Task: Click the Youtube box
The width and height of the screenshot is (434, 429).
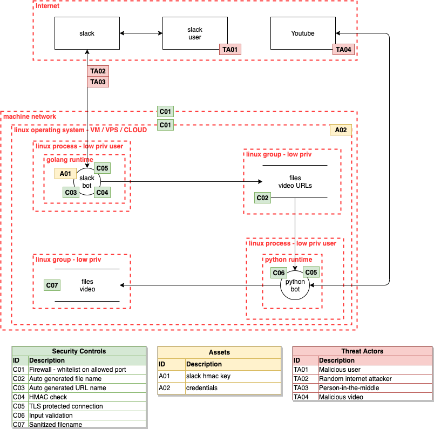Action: pyautogui.click(x=302, y=33)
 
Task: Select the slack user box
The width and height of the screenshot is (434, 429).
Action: pyautogui.click(x=194, y=33)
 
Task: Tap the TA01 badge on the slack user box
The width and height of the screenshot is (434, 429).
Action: pyautogui.click(x=230, y=50)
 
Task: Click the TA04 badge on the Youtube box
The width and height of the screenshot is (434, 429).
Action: pyautogui.click(x=343, y=50)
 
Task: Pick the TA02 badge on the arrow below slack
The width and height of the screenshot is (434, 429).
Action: pyautogui.click(x=98, y=71)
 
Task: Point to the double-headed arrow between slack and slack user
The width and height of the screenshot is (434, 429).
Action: pyautogui.click(x=141, y=33)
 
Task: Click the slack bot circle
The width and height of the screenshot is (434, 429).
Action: pyautogui.click(x=87, y=181)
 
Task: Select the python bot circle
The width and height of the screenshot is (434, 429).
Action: pyautogui.click(x=295, y=285)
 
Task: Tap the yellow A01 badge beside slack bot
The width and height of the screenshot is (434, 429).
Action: pyautogui.click(x=65, y=174)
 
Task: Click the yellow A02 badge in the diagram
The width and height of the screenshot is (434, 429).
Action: pyautogui.click(x=341, y=130)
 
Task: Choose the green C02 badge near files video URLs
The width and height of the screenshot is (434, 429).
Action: pyautogui.click(x=262, y=198)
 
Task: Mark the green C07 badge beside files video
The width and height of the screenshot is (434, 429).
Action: pyautogui.click(x=52, y=285)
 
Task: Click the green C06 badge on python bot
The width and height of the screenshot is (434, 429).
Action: pyautogui.click(x=279, y=273)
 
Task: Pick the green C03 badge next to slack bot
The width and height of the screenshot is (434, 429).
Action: pyautogui.click(x=71, y=192)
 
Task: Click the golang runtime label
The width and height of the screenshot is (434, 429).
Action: pyautogui.click(x=70, y=160)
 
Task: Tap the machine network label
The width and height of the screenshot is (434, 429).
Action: pyautogui.click(x=30, y=117)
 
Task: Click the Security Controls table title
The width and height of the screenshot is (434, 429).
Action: pyautogui.click(x=79, y=351)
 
